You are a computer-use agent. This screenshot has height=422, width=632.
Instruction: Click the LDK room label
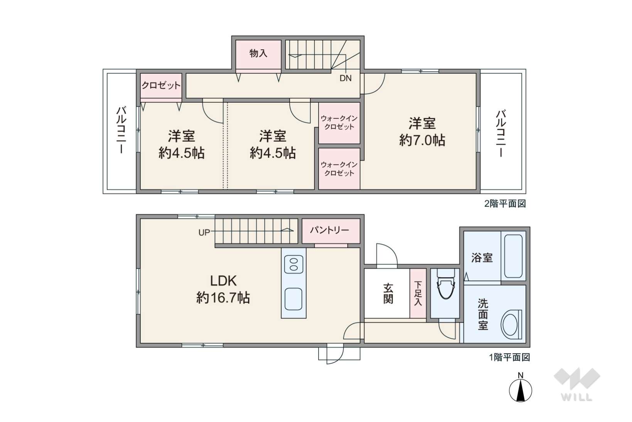224,281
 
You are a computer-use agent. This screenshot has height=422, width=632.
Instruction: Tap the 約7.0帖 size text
422,140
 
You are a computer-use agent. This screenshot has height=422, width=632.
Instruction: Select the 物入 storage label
258,53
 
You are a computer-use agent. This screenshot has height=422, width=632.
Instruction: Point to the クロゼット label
161,85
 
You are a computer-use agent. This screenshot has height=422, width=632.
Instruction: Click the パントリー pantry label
329,230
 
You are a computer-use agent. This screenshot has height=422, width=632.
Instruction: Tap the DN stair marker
345,78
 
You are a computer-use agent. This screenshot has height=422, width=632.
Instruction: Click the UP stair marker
204,233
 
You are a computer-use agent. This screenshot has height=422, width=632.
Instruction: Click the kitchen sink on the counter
293,299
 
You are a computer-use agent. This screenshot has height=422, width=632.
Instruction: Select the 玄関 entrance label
388,293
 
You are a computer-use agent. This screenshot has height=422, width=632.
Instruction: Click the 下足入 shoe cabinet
418,293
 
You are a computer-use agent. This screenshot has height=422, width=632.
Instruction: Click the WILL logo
577,385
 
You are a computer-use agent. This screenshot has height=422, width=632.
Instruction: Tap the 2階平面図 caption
505,203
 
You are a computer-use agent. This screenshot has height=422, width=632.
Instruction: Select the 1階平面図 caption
509,357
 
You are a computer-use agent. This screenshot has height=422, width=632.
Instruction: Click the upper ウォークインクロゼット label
339,123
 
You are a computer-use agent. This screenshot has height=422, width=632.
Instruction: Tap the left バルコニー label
121,130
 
